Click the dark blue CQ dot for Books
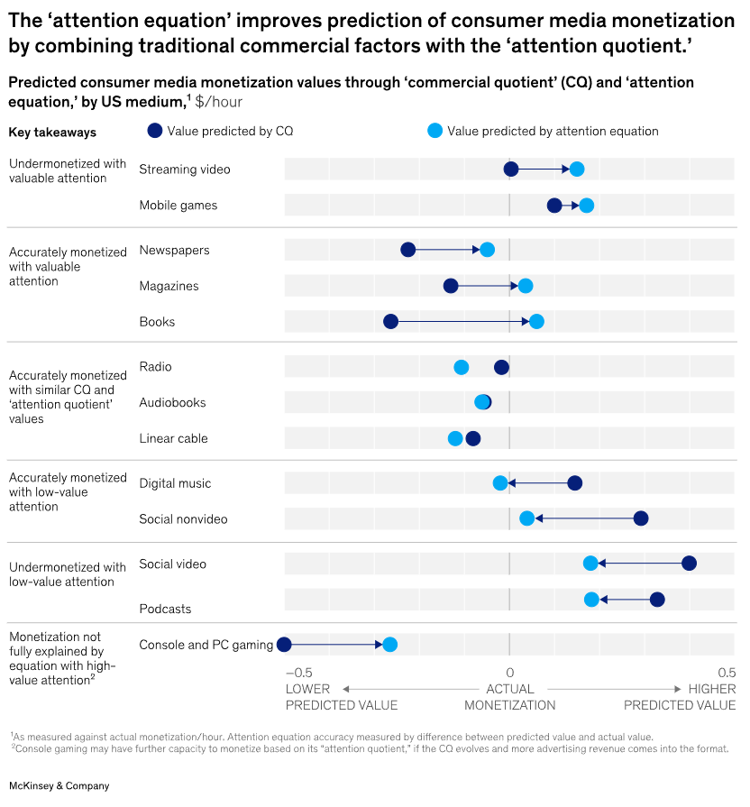[x=390, y=322]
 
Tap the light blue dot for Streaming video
[x=577, y=169]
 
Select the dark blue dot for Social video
[x=689, y=564]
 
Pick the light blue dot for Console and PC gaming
[x=389, y=645]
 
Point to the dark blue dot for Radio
[x=501, y=367]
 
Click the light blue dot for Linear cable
[x=455, y=438]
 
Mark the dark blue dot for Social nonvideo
[x=641, y=518]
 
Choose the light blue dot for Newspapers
[x=487, y=250]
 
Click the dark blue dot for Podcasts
[x=657, y=600]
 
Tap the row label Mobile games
[x=178, y=206]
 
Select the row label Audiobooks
[x=173, y=403]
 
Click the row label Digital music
[x=175, y=483]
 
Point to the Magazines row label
[x=169, y=286]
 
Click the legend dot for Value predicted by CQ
[x=154, y=131]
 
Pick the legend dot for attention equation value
[x=435, y=131]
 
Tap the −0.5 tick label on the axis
[x=297, y=673]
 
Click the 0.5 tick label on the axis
[x=726, y=673]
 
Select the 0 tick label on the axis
[x=509, y=673]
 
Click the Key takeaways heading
[x=52, y=132]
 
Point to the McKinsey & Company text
[x=59, y=785]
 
